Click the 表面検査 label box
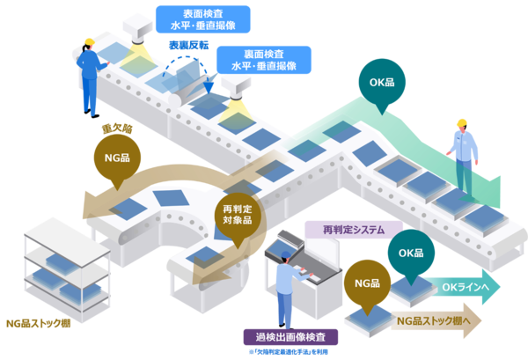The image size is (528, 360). [202, 18]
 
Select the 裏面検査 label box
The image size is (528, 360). [262, 59]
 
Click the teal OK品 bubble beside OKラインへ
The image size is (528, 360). [411, 253]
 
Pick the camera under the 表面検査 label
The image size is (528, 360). [139, 31]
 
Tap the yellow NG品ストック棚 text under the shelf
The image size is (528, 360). [38, 323]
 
